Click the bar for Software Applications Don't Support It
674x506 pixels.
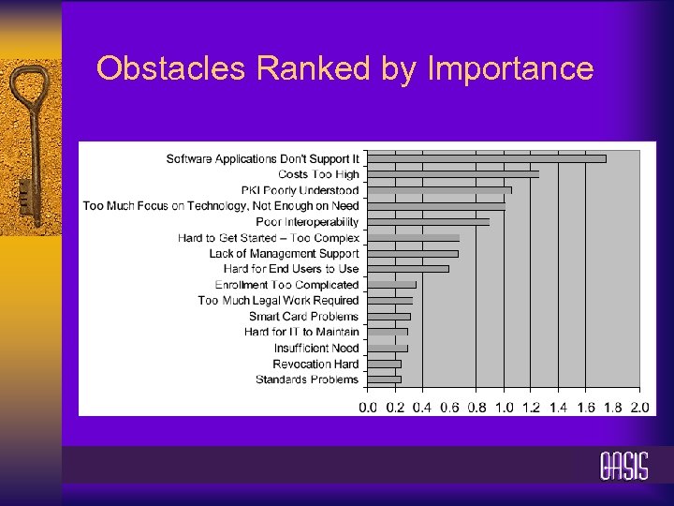(x=487, y=158)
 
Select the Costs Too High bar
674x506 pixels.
(x=453, y=174)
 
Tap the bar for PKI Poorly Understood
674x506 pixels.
(x=439, y=190)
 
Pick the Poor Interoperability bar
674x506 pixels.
(x=428, y=222)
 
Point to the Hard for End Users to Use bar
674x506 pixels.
(x=408, y=269)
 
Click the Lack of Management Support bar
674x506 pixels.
(x=413, y=253)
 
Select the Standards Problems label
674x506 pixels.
(x=307, y=379)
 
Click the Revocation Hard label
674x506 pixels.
(x=315, y=364)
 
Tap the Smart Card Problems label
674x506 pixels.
(x=303, y=317)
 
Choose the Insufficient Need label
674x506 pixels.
(x=316, y=348)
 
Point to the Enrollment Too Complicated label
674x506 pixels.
(x=286, y=285)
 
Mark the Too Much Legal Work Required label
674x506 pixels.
(x=278, y=301)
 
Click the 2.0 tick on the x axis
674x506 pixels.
(x=640, y=408)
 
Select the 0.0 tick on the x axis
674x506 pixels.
(x=368, y=408)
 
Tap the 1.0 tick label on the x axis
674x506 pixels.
(x=504, y=408)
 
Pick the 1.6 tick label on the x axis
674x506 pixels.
(x=586, y=408)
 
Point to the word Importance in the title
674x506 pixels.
(x=509, y=69)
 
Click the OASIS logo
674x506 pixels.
(x=623, y=466)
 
